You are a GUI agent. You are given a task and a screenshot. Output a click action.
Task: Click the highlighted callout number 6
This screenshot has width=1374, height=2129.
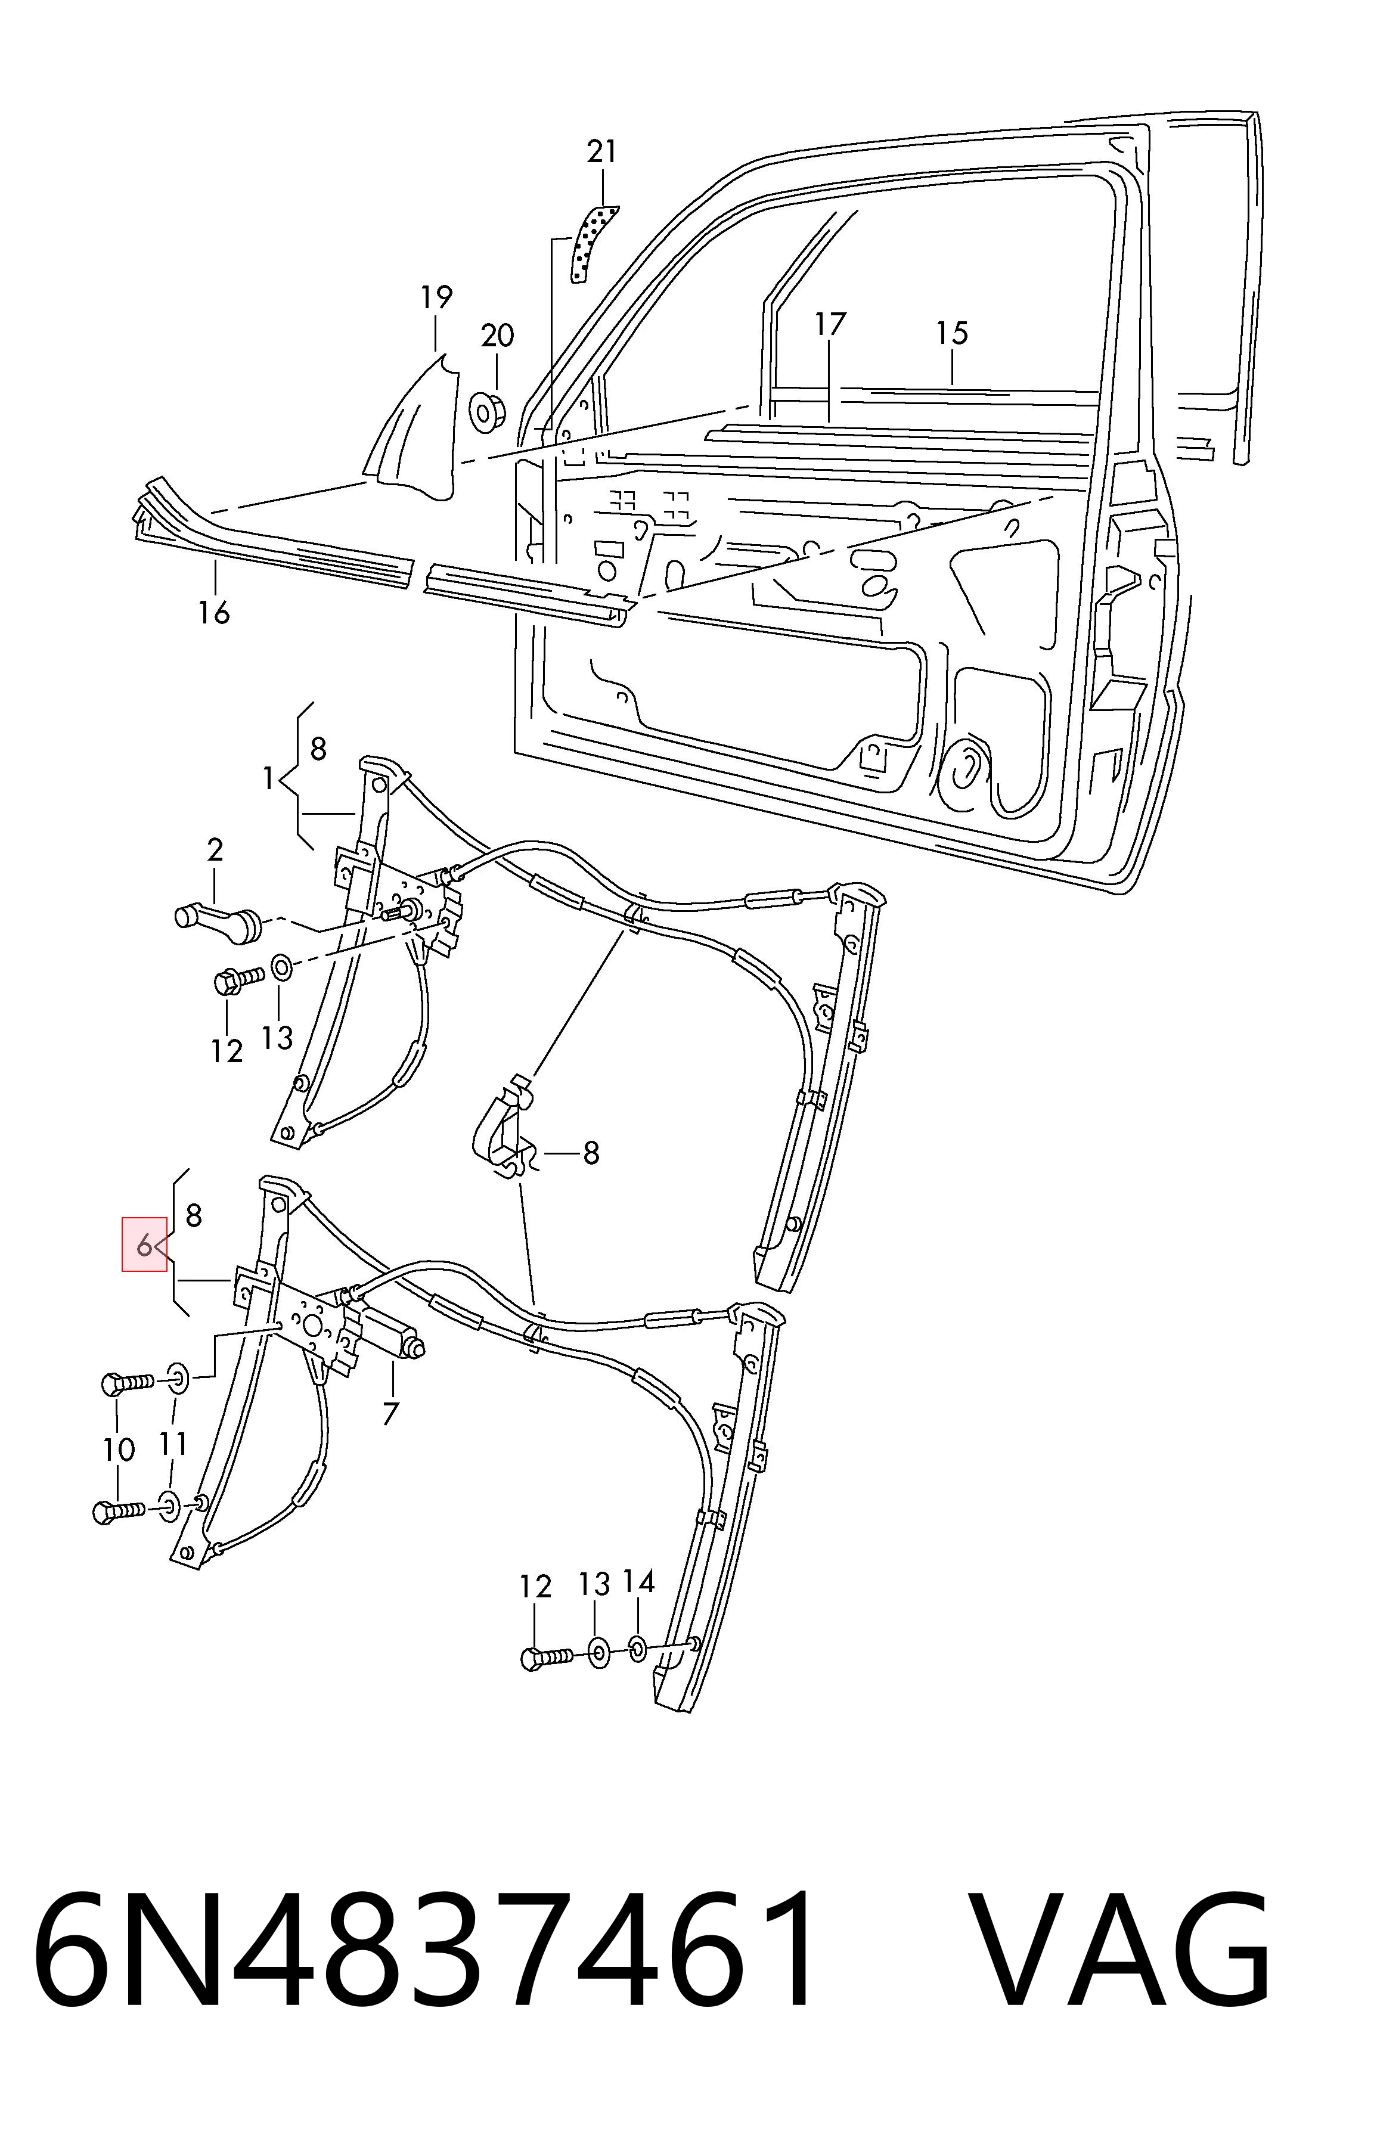(144, 1244)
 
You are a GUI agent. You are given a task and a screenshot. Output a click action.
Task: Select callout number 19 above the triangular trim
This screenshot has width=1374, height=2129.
(436, 296)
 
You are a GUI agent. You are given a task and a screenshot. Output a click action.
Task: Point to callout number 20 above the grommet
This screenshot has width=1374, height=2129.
(497, 336)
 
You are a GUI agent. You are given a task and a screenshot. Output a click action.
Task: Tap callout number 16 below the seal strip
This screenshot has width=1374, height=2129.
(214, 612)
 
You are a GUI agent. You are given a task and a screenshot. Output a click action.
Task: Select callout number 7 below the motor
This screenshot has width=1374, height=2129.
(390, 1414)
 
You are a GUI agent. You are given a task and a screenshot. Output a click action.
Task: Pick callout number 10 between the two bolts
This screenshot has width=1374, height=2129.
(118, 1450)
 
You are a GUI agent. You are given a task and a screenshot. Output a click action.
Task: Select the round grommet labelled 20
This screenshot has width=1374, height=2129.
(488, 411)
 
